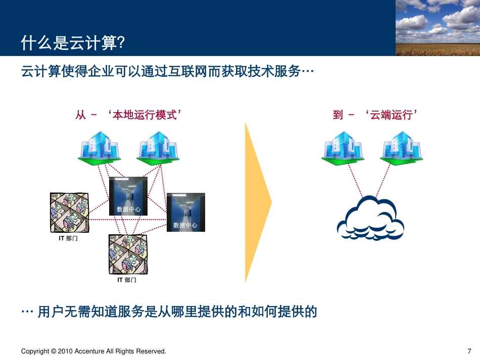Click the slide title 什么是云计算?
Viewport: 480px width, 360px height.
coord(73,44)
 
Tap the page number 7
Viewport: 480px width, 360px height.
coord(469,351)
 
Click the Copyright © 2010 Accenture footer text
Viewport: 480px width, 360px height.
coord(93,351)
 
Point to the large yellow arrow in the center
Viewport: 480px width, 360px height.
coord(257,202)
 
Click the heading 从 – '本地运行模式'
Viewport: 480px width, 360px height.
coord(128,115)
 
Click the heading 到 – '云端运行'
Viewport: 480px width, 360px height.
coord(376,115)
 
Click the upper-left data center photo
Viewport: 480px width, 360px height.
coord(128,196)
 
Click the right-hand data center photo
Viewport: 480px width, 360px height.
coord(185,212)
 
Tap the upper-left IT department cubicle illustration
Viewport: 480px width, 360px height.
coord(69,212)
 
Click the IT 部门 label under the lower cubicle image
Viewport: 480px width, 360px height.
coord(126,280)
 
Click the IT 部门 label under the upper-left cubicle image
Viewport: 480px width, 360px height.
coord(68,238)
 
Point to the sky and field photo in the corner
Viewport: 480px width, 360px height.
coord(437,27)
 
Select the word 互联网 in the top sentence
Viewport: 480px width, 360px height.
coord(191,71)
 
